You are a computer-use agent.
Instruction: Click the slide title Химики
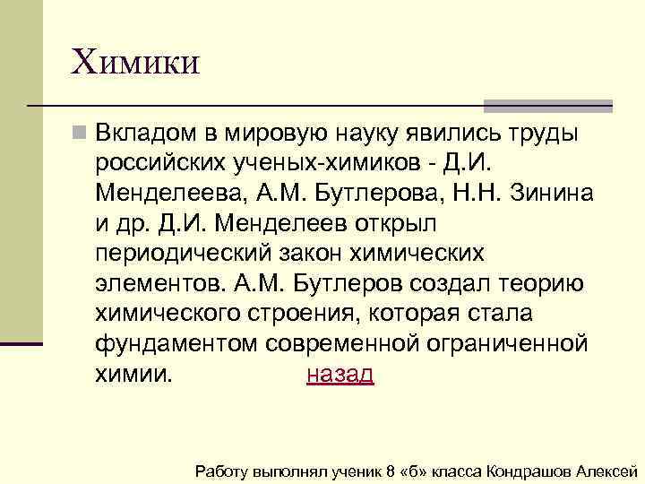pos(135,63)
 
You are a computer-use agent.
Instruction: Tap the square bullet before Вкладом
pos(81,134)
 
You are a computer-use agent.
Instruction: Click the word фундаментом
pos(174,344)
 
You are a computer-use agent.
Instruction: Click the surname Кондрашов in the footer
pos(528,471)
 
